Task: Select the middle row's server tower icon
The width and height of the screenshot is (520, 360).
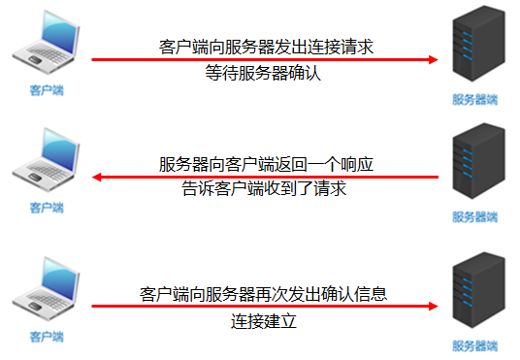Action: click(474, 166)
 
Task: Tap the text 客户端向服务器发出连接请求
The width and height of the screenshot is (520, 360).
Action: click(265, 47)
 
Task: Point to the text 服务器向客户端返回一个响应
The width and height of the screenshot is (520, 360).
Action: click(265, 164)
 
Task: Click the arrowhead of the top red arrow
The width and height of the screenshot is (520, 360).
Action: click(433, 59)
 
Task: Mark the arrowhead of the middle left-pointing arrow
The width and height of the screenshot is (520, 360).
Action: click(98, 177)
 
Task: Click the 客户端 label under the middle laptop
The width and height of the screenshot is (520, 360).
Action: click(46, 208)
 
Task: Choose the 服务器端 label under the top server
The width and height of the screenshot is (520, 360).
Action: click(474, 99)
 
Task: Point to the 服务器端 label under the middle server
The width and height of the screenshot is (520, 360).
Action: click(474, 216)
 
